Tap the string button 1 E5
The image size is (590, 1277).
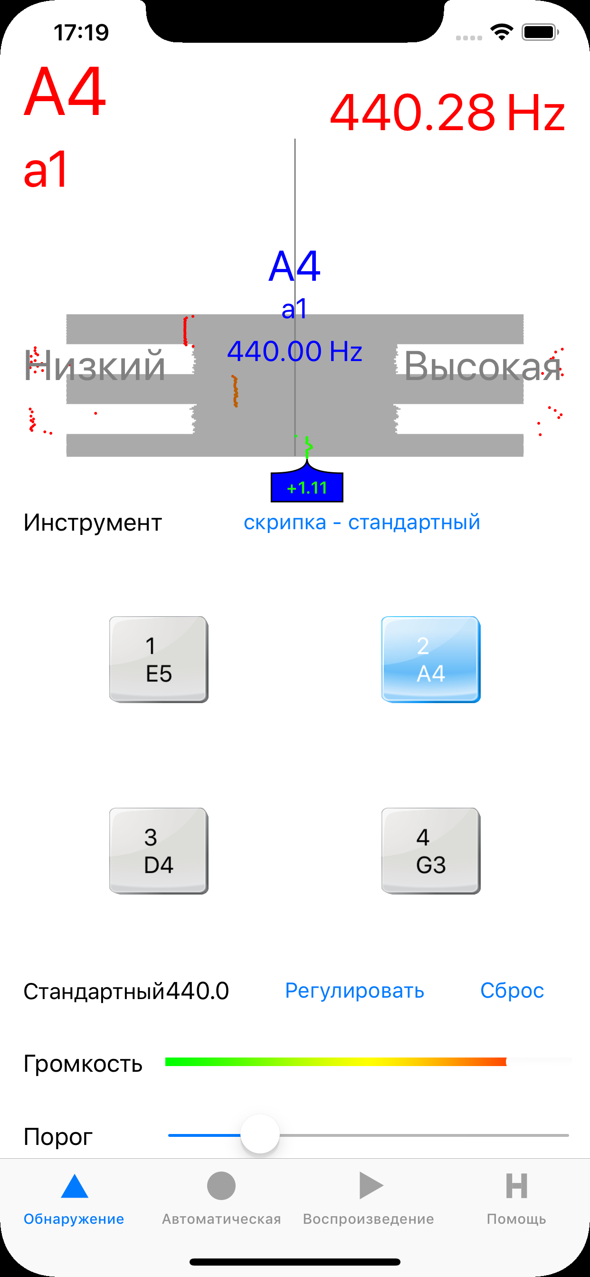pyautogui.click(x=159, y=659)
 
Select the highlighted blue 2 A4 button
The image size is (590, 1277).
pyautogui.click(x=431, y=659)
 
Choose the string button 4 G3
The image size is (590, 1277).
pyautogui.click(x=431, y=851)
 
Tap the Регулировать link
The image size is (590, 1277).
pyautogui.click(x=354, y=991)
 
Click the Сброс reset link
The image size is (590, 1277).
pyautogui.click(x=512, y=991)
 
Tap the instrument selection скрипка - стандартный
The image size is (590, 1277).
pyautogui.click(x=362, y=523)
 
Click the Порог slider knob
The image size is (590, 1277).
pyautogui.click(x=260, y=1134)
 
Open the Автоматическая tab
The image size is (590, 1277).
pyautogui.click(x=221, y=1196)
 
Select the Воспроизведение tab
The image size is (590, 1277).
pyautogui.click(x=368, y=1196)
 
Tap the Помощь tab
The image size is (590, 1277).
pyautogui.click(x=516, y=1196)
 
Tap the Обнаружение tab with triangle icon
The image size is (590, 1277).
pyautogui.click(x=74, y=1196)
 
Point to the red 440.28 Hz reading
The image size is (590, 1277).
pyautogui.click(x=447, y=113)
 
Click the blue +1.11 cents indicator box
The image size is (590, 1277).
pyautogui.click(x=307, y=487)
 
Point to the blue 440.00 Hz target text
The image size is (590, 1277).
pyautogui.click(x=295, y=351)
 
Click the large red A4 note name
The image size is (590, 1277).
pyautogui.click(x=65, y=92)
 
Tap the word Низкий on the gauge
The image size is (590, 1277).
pyautogui.click(x=94, y=366)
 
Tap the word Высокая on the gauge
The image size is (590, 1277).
pyautogui.click(x=483, y=366)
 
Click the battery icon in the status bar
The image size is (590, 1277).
pyautogui.click(x=541, y=33)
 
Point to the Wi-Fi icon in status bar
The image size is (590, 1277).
pyautogui.click(x=502, y=33)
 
